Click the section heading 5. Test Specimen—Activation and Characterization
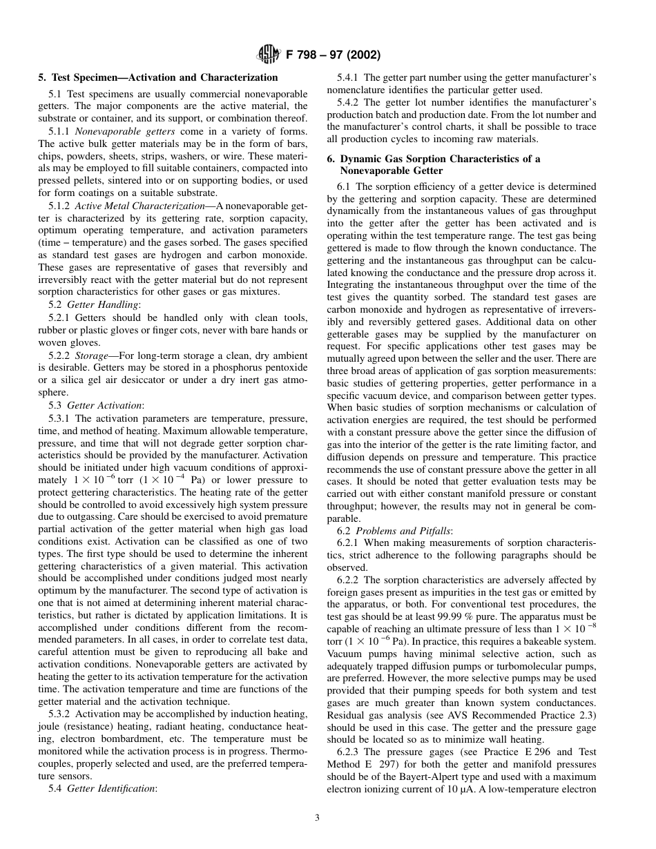[x=157, y=77]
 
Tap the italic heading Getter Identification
[x=111, y=788]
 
